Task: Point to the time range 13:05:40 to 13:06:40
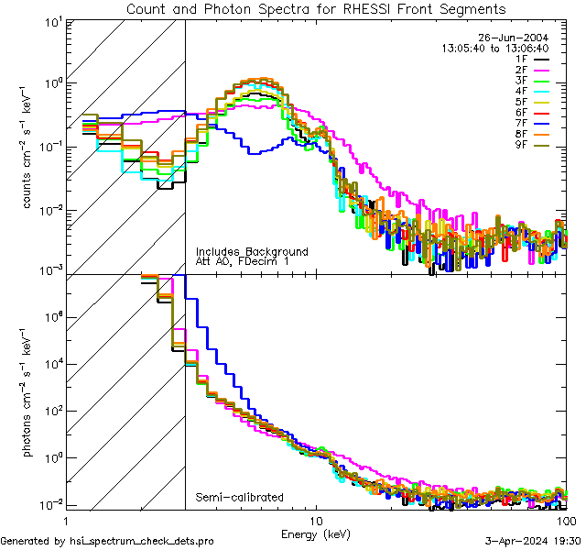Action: tap(494, 47)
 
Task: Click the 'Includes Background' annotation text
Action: tap(252, 251)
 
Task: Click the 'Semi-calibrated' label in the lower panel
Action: tap(240, 498)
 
